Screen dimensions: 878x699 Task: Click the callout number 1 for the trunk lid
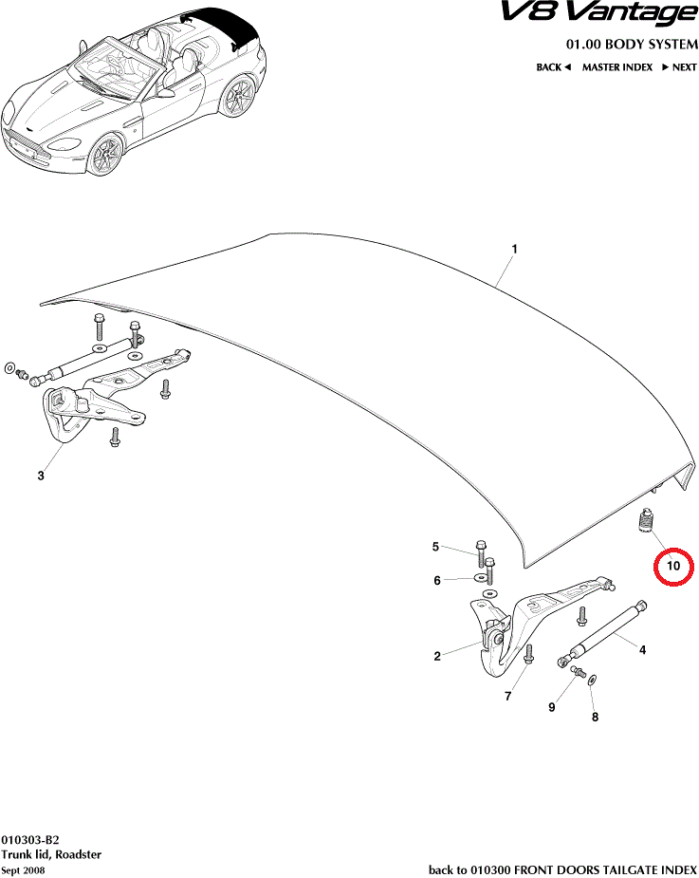click(514, 250)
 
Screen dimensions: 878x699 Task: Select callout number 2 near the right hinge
click(437, 656)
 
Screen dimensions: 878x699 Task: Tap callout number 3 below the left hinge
click(41, 476)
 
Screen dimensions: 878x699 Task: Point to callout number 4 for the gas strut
click(642, 650)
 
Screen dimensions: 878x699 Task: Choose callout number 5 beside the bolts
click(436, 547)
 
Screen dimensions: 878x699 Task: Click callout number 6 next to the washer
click(437, 580)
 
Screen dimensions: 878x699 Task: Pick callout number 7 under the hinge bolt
click(508, 697)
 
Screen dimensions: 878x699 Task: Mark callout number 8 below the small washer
click(595, 718)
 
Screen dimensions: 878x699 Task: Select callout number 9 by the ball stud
click(551, 707)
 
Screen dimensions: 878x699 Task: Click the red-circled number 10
click(674, 567)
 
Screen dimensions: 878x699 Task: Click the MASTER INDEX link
click(616, 67)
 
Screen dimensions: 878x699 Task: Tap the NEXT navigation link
click(680, 67)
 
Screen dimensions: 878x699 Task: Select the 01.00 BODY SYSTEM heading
click(632, 45)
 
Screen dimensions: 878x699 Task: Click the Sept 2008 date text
click(24, 870)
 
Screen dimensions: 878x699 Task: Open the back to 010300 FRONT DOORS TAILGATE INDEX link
click(562, 869)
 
